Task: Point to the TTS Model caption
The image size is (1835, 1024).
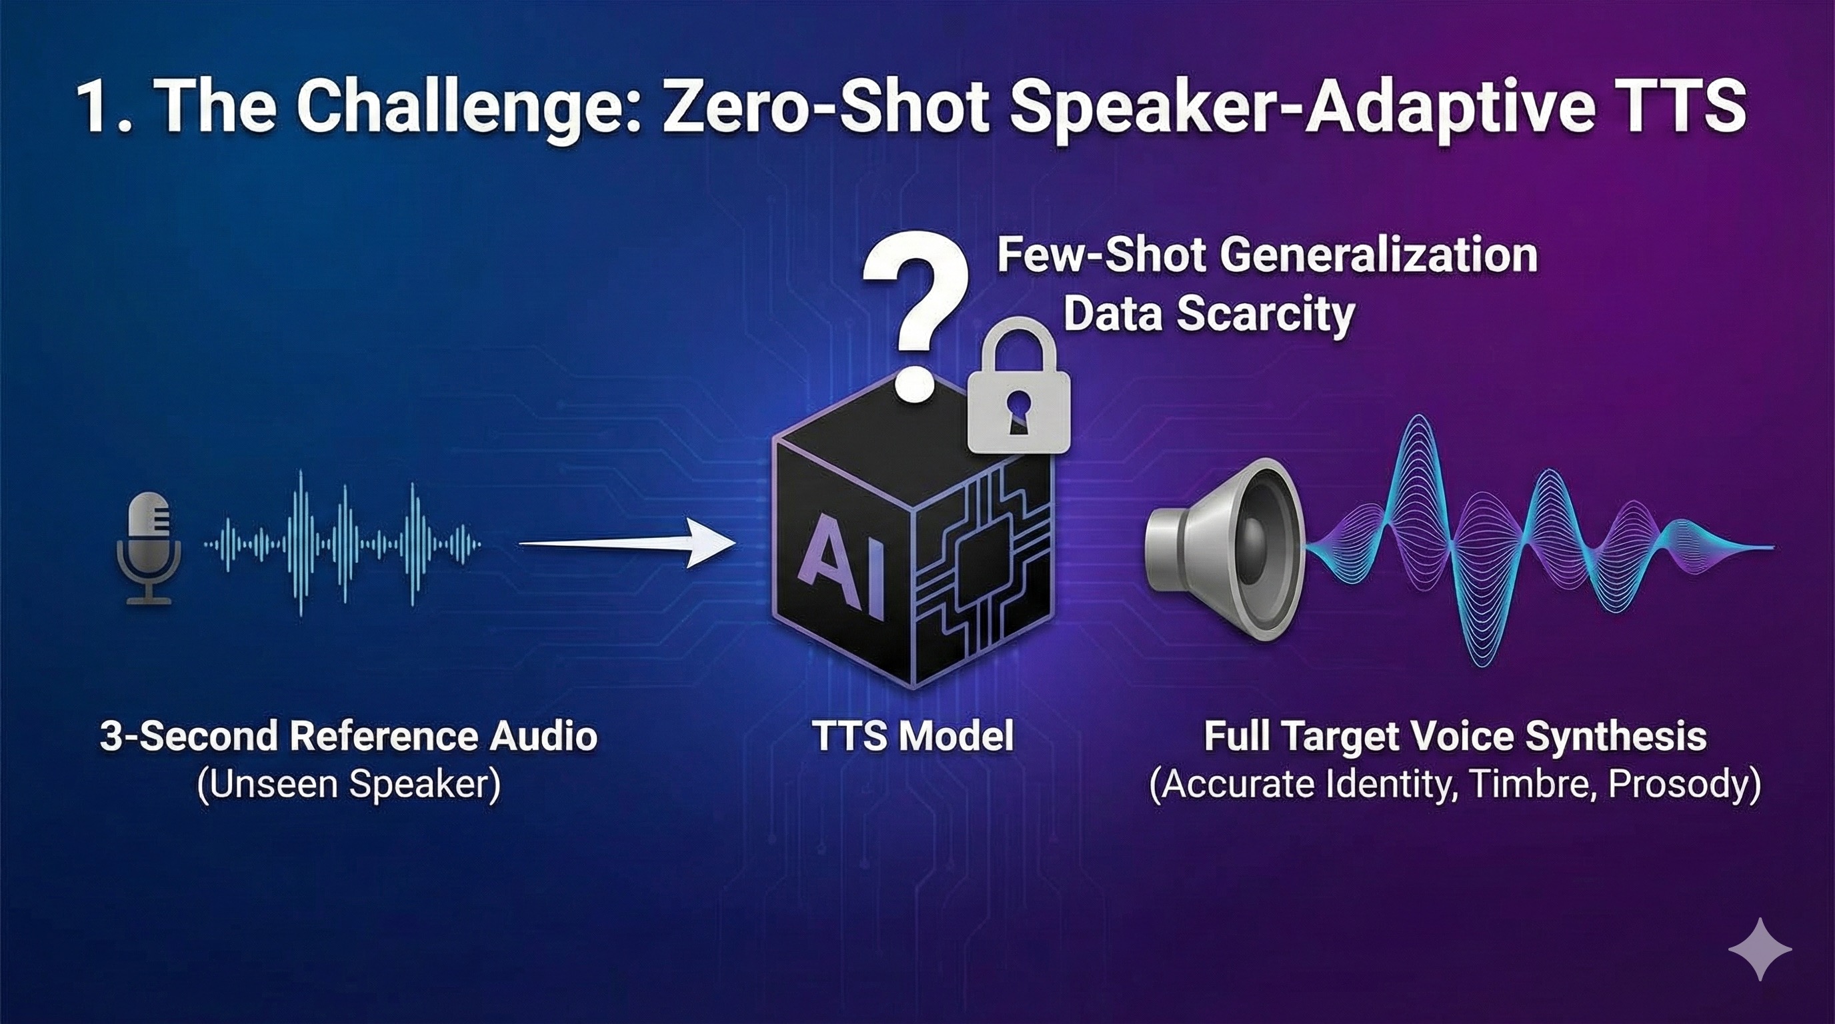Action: click(913, 735)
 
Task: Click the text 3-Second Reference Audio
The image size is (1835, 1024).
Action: click(348, 735)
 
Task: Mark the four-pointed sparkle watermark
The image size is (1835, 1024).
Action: click(1760, 949)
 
